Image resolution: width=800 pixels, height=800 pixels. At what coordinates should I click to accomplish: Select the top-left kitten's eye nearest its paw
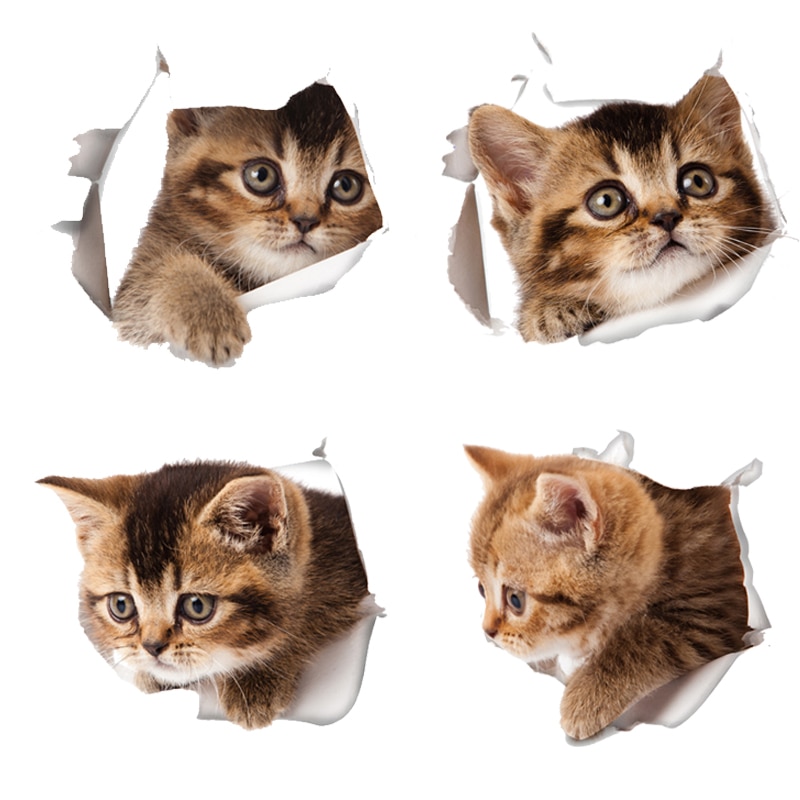(x=262, y=177)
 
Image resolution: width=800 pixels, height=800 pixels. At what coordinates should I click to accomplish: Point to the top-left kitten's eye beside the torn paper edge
(x=346, y=186)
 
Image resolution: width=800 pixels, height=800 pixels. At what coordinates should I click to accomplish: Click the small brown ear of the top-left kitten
(x=185, y=124)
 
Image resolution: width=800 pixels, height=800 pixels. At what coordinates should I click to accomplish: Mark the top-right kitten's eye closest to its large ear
(x=606, y=200)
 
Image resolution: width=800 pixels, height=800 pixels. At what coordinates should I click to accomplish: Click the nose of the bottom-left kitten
(x=155, y=648)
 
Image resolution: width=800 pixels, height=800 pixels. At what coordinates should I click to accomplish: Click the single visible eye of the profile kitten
(x=514, y=600)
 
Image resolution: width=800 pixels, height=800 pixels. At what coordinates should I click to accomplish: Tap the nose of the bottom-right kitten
(x=490, y=631)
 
